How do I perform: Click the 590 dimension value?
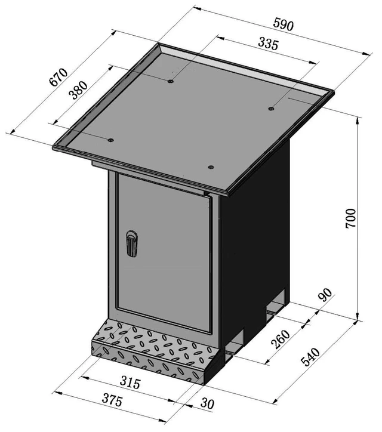[282, 25]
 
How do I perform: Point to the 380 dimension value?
[79, 90]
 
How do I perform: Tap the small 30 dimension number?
[206, 404]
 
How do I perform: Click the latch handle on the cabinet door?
[131, 244]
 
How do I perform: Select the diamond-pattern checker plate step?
[152, 349]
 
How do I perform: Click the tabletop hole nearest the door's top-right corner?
[210, 166]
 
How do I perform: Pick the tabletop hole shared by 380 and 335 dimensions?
[171, 81]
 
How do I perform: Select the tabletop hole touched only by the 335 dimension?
[271, 109]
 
